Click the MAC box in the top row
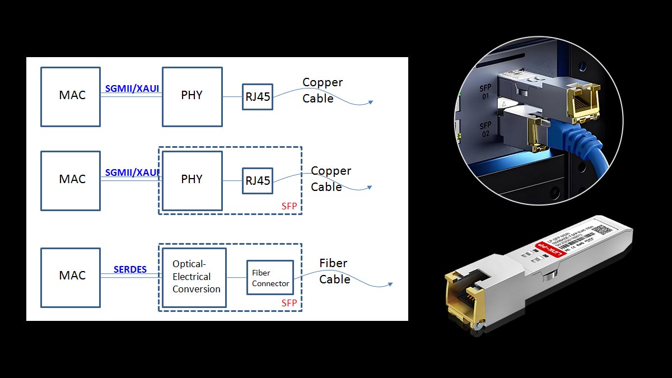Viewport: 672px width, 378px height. coord(71,97)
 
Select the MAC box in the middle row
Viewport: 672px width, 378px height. coord(71,181)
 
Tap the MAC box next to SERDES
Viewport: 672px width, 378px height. coord(71,277)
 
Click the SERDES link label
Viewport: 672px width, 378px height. coord(130,269)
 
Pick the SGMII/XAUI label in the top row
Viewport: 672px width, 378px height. coord(132,88)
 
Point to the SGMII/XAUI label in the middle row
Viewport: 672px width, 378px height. coord(132,172)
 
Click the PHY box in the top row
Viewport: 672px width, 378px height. coord(192,97)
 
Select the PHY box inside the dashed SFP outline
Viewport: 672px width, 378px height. coord(192,181)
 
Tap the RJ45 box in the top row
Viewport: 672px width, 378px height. coord(258,97)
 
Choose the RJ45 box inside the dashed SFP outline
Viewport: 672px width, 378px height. coord(258,181)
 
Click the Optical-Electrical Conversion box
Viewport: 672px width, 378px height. coord(194,277)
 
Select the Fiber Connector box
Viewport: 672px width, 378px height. coord(270,278)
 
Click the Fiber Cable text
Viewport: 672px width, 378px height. coord(334,271)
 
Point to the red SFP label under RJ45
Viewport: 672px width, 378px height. coord(289,207)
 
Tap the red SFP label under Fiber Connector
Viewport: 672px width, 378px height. coord(289,303)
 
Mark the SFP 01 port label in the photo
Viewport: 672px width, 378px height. coord(485,92)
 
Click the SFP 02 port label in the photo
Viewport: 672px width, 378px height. coord(485,129)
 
